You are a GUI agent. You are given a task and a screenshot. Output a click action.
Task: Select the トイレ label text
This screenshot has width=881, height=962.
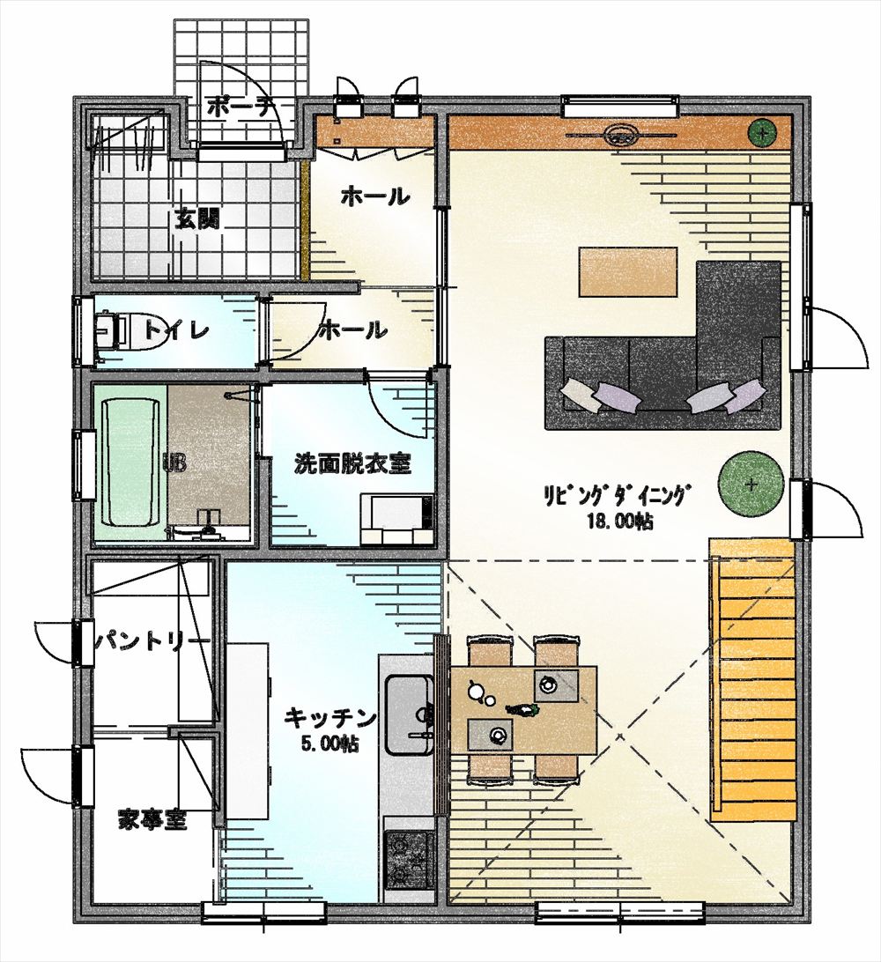(177, 330)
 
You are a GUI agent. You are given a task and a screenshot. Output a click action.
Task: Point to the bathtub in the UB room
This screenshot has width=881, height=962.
(130, 462)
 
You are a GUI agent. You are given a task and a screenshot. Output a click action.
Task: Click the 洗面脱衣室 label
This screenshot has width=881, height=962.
(352, 463)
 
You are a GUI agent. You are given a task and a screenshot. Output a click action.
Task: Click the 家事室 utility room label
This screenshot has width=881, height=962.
(152, 819)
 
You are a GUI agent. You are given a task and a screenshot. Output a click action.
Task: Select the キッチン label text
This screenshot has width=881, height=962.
(330, 716)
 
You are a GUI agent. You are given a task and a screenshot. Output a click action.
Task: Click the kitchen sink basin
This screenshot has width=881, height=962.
(408, 714)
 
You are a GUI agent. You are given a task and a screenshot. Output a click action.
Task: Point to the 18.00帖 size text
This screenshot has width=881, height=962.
(619, 522)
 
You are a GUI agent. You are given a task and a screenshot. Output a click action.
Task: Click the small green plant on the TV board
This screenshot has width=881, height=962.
(762, 132)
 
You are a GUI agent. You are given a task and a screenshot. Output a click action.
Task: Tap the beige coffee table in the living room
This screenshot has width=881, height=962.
(628, 271)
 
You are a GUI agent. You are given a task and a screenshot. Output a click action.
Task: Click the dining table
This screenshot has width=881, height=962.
(523, 710)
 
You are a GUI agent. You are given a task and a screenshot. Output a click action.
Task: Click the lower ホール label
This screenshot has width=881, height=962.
(354, 330)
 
